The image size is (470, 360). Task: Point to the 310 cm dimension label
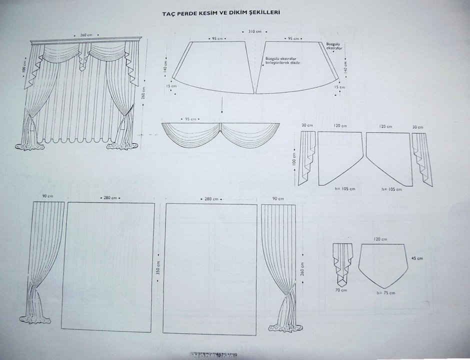tap(254, 31)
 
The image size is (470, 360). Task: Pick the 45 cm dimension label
tap(413, 258)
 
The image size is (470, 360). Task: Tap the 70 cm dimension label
tap(341, 290)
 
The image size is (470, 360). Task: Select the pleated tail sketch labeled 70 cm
tap(342, 262)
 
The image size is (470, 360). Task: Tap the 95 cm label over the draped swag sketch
tap(191, 119)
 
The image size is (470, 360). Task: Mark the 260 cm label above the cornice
tap(86, 35)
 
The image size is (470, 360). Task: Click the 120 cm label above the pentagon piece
tap(382, 239)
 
